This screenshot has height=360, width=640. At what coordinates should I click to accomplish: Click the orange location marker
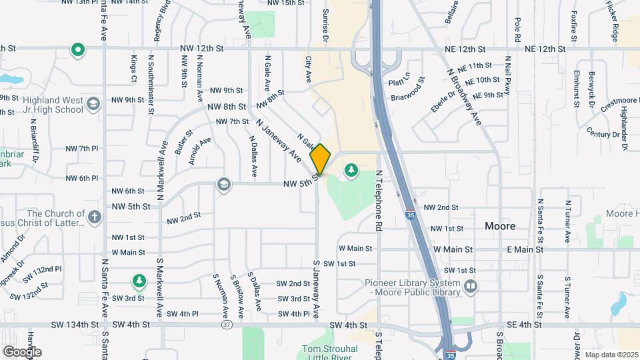(x=320, y=159)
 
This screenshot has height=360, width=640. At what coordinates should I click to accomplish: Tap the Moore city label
(x=500, y=226)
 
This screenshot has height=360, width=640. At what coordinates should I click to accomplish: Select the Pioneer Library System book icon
(x=471, y=287)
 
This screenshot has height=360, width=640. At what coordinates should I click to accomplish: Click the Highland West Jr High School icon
(x=93, y=103)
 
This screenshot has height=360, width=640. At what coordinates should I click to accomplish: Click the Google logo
(x=22, y=351)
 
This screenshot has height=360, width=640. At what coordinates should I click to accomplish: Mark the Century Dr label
(x=603, y=134)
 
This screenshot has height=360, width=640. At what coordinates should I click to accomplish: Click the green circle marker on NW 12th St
(x=78, y=49)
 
